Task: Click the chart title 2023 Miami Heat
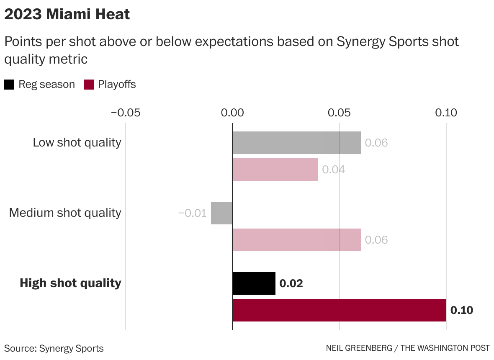67,15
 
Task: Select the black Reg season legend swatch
9,85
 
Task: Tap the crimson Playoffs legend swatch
88,85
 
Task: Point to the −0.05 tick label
125,113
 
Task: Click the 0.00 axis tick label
232,113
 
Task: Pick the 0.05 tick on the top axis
339,113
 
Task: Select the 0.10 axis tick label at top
446,113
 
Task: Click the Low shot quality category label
77,142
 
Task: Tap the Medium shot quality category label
65,213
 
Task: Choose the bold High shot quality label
70,283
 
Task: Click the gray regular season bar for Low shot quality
296,143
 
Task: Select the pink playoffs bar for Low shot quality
275,170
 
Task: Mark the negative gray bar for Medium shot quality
221,213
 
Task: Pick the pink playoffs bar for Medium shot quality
296,240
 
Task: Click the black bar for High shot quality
254,283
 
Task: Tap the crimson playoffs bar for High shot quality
339,310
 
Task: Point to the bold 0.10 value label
461,310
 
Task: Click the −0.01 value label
192,213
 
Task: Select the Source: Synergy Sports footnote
54,348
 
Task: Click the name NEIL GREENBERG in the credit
359,348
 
